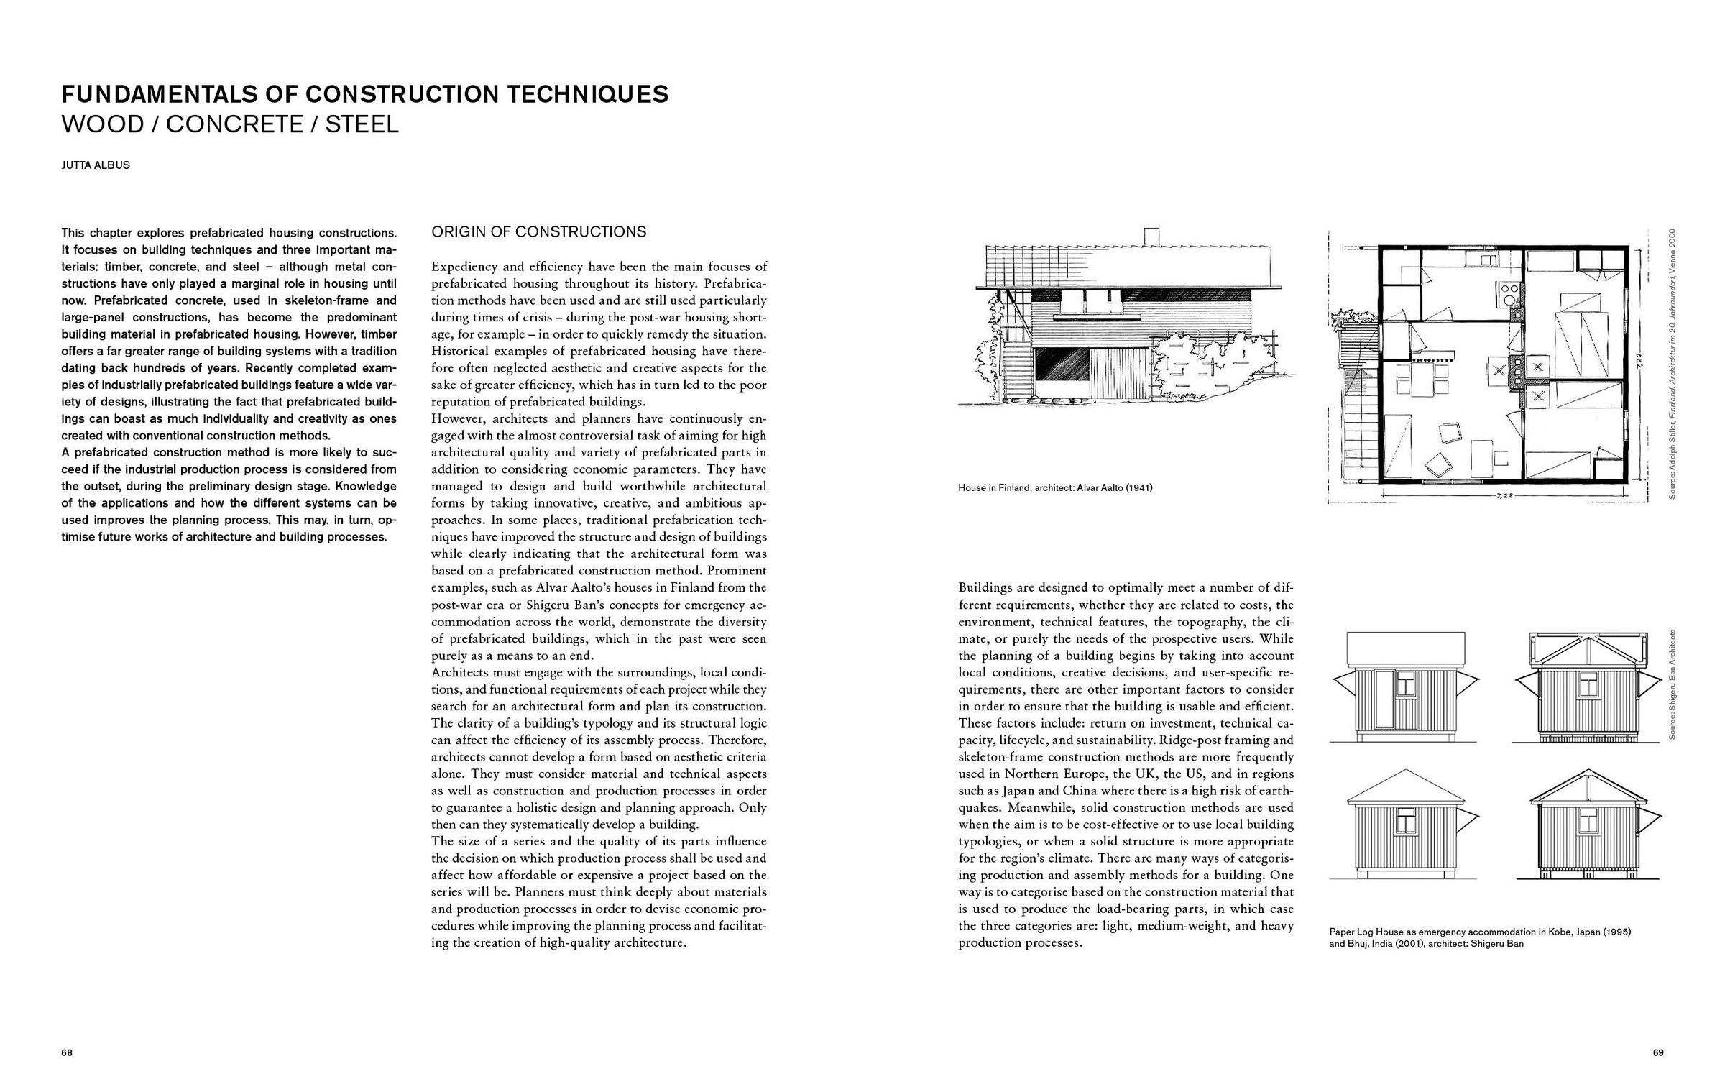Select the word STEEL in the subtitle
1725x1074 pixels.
[x=362, y=124]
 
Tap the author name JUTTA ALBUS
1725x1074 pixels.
[x=96, y=165]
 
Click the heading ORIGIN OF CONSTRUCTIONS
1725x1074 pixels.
[x=538, y=231]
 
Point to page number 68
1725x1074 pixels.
[x=67, y=1052]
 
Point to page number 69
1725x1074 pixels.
[x=1658, y=1052]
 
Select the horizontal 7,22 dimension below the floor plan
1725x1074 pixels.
[x=1498, y=496]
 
